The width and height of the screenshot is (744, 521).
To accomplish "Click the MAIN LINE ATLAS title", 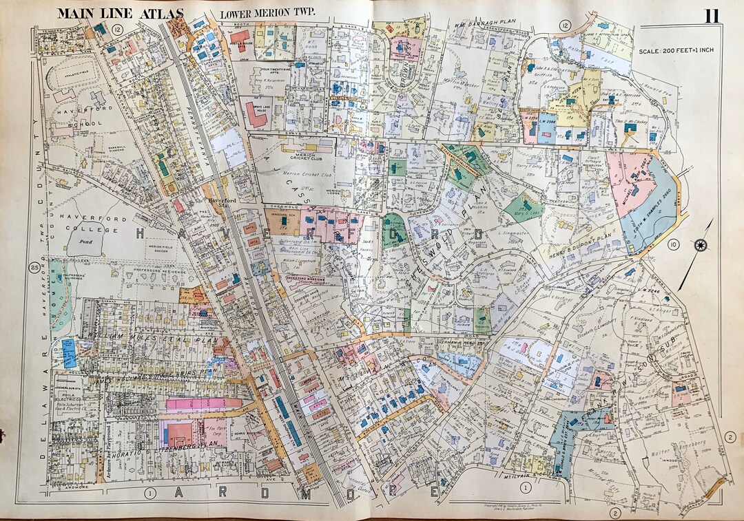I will click(x=121, y=14).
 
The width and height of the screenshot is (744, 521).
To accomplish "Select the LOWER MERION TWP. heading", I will click(x=261, y=14).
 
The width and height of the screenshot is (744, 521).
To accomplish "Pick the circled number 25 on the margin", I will click(x=34, y=267).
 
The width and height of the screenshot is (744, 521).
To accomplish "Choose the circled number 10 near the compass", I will click(x=674, y=244).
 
